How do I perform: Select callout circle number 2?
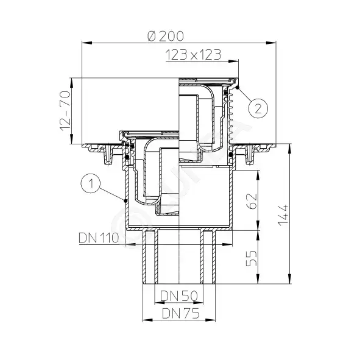tap(258, 109)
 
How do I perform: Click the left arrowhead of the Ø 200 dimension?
tap(84, 42)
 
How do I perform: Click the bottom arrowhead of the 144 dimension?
tap(291, 283)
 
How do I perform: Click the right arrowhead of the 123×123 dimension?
tap(236, 61)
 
